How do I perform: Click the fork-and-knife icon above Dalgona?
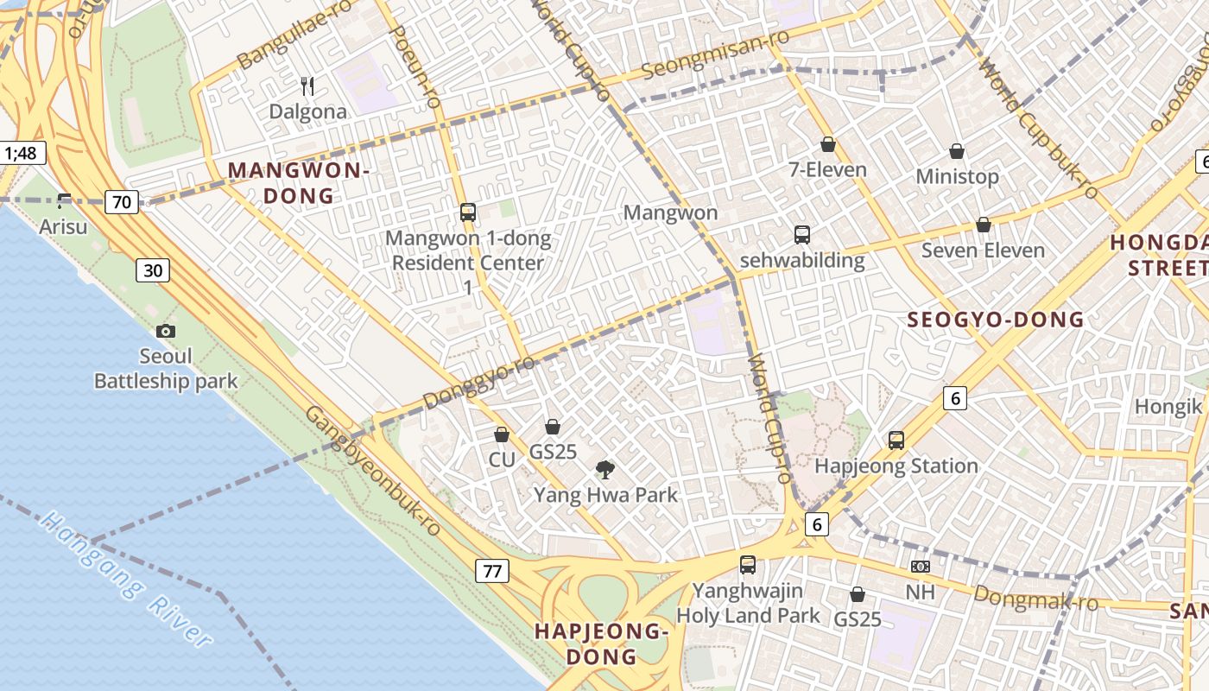tap(307, 86)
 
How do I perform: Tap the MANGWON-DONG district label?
tap(299, 183)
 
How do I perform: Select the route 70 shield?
tap(122, 203)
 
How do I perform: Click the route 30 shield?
tap(153, 270)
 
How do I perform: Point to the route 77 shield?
tap(492, 571)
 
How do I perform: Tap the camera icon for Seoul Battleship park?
tap(166, 331)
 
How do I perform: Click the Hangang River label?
tap(125, 579)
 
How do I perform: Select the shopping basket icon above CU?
tap(502, 434)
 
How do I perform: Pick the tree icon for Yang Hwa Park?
tap(605, 469)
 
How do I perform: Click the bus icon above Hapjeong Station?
tap(896, 440)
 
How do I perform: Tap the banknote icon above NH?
tap(921, 567)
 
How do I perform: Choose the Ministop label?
tap(957, 177)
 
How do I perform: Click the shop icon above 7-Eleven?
tap(828, 144)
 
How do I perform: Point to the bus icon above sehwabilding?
tap(802, 234)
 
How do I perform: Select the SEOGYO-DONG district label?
tap(995, 320)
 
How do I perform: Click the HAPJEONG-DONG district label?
tap(602, 643)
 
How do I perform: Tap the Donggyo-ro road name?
tap(479, 381)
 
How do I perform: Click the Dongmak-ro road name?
tap(1035, 597)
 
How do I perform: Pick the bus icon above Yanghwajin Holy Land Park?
tap(748, 565)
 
